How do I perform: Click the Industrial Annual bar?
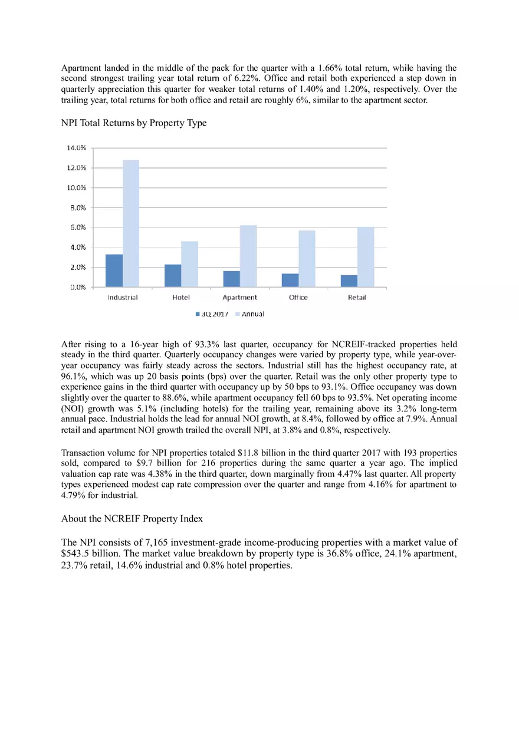pos(131,223)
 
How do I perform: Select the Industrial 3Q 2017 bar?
pos(114,271)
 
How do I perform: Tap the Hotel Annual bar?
pos(189,264)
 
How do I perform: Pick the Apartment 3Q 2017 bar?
pos(231,279)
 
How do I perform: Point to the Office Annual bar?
pos(307,259)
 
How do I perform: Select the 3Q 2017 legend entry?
pos(212,314)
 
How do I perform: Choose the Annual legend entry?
pos(249,314)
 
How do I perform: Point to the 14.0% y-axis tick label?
pos(76,148)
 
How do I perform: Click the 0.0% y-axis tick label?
pos(78,288)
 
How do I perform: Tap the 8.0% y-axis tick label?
pos(78,207)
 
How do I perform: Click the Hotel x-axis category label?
pos(181,298)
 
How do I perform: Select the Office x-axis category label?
pos(298,298)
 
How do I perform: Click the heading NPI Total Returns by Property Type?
pos(134,123)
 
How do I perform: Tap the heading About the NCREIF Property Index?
pos(132,519)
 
